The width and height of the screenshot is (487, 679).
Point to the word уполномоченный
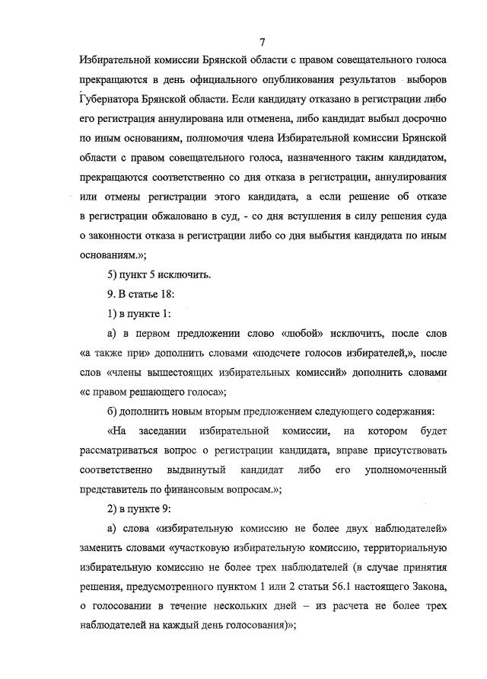point(406,471)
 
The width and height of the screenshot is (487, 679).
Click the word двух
point(339,529)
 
